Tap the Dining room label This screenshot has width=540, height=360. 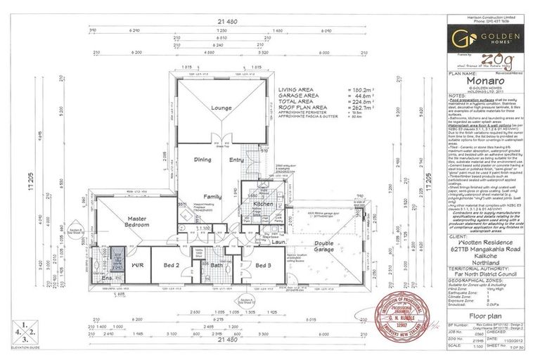203,160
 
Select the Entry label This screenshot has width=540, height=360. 236,160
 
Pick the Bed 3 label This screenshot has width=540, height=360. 264,266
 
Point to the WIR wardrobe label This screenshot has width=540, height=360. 139,266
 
